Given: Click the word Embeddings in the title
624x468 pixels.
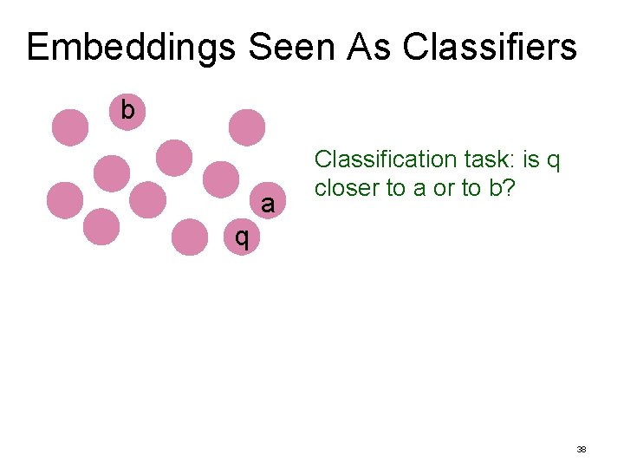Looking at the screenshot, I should point(129,48).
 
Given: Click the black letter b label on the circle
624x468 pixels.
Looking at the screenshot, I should point(127,110).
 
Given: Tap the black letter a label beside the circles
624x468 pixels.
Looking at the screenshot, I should point(268,205).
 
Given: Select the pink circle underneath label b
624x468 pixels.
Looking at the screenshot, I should point(127,113).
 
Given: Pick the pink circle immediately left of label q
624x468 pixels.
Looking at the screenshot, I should point(189,237).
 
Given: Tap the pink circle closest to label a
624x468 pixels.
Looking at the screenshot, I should point(220,179).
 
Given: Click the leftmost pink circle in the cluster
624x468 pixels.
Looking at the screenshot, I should point(65,200).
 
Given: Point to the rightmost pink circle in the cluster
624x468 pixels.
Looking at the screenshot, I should point(246,127).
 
